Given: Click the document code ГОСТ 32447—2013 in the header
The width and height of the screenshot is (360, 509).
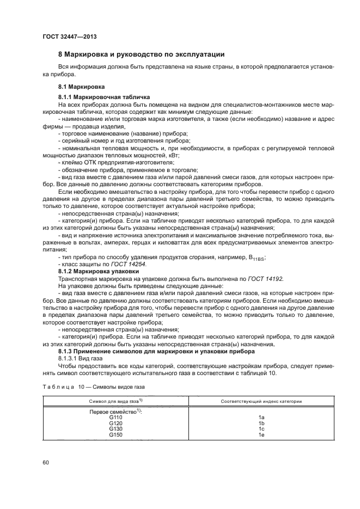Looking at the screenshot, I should [x=66, y=36].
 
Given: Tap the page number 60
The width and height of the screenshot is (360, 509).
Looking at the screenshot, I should [x=46, y=463].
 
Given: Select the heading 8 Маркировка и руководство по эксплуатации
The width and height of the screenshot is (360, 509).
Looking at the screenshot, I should [x=141, y=54].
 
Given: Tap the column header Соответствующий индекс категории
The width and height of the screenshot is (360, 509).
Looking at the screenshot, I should [x=261, y=401].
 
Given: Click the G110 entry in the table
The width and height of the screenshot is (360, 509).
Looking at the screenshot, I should [x=115, y=417].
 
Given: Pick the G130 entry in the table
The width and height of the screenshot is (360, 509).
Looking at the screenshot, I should [x=115, y=429].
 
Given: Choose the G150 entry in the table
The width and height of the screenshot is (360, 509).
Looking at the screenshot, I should [x=115, y=435].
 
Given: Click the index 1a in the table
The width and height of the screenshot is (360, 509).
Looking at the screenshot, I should [x=261, y=417].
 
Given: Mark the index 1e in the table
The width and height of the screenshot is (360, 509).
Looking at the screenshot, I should [x=261, y=435].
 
